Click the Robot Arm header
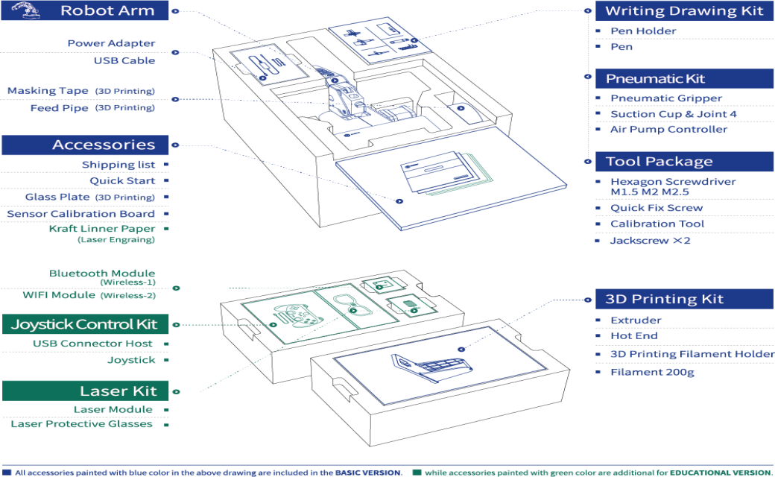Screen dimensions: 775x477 (x=84, y=10)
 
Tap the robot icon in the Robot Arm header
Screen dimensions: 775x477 (x=25, y=10)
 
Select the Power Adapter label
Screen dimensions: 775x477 (x=111, y=43)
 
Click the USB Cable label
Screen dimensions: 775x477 (x=124, y=61)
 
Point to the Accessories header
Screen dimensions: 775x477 (x=85, y=145)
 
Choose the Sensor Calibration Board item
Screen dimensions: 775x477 (x=80, y=214)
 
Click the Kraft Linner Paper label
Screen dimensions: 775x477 (x=102, y=229)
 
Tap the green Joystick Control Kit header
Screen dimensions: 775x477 (x=85, y=324)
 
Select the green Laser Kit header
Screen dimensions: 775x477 (x=85, y=391)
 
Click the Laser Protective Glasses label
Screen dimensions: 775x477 (x=81, y=424)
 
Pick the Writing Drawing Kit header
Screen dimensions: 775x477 (x=684, y=11)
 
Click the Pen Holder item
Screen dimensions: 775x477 (x=643, y=31)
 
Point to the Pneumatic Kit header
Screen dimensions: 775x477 (x=684, y=78)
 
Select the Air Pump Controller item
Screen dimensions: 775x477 (x=668, y=130)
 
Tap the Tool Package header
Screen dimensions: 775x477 (x=684, y=162)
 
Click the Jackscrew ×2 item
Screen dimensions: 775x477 (x=650, y=241)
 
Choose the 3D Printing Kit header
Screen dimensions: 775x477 (x=684, y=299)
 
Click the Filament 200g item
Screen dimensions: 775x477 (x=653, y=372)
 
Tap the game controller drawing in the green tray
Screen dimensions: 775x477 (x=297, y=315)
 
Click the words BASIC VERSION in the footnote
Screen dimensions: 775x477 (x=367, y=473)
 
